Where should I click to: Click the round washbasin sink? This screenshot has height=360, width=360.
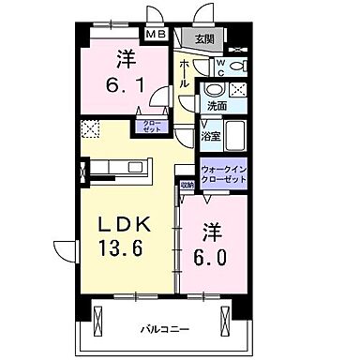[216, 89]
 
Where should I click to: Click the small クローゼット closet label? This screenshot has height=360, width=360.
[150, 127]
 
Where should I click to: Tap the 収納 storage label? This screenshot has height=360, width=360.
[187, 185]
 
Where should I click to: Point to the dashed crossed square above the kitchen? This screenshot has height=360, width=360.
[91, 128]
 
